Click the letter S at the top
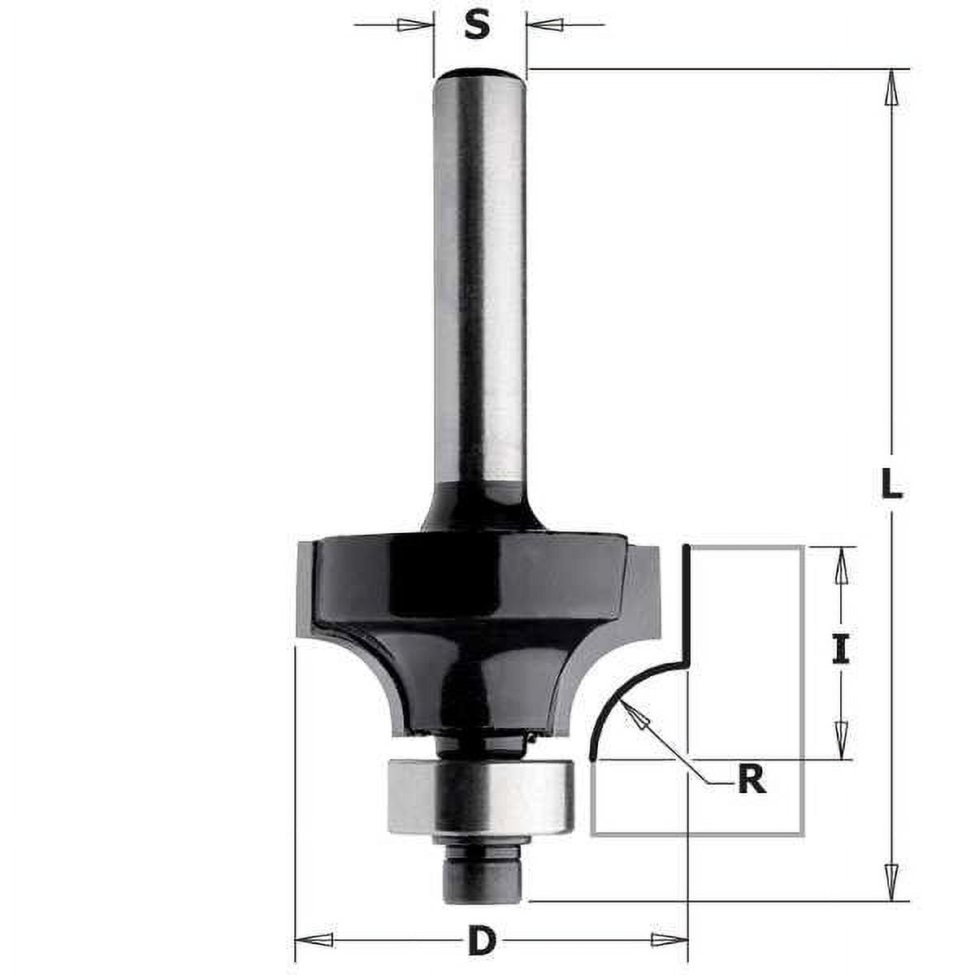tap(479, 26)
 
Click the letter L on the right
tap(891, 485)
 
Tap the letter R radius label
tap(752, 780)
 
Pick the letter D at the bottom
tap(481, 942)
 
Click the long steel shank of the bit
tap(479, 284)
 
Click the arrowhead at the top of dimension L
tap(892, 86)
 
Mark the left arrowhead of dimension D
tap(313, 941)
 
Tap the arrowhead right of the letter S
tap(543, 25)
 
